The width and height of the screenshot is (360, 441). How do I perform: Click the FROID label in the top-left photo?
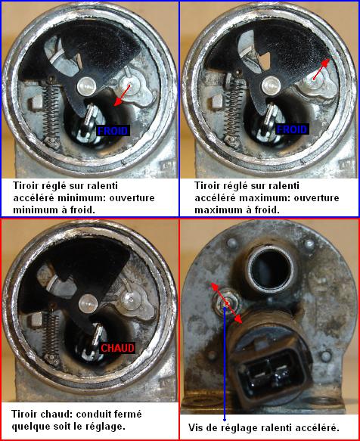click(x=113, y=131)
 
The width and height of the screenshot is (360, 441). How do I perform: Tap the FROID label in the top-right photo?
click(x=292, y=129)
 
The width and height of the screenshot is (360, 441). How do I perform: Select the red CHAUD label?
click(x=117, y=348)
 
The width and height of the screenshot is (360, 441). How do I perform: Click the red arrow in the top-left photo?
click(x=123, y=95)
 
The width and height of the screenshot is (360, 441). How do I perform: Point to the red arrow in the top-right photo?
click(x=321, y=70)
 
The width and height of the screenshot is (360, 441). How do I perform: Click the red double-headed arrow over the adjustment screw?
click(x=226, y=303)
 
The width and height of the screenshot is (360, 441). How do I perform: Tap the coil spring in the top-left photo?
click(x=51, y=110)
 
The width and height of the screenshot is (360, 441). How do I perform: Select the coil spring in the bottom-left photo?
click(x=51, y=334)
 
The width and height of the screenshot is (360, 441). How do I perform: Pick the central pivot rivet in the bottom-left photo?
click(x=88, y=304)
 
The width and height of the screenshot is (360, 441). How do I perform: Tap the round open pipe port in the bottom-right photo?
click(x=270, y=268)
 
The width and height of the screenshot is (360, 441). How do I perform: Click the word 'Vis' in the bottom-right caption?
click(x=196, y=427)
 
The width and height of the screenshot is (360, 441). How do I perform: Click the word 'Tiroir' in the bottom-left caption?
click(x=25, y=414)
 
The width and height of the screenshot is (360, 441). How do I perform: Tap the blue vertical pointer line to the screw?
click(x=225, y=364)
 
